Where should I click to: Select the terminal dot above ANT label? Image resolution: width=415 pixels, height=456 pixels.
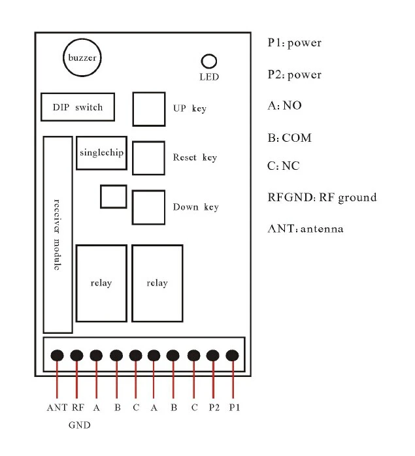pos(57,355)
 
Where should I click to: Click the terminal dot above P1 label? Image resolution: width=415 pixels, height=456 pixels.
pos(232,355)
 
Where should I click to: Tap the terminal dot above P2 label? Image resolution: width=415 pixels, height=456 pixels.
pos(213,355)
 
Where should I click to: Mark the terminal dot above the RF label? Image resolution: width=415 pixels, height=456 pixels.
pos(76,355)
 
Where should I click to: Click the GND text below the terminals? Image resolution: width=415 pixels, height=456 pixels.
pos(80,425)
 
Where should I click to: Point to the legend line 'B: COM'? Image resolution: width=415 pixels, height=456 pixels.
pos(290,138)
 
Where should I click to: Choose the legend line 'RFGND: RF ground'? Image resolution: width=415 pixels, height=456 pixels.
pos(322,197)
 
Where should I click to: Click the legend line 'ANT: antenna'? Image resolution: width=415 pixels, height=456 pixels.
pos(306,229)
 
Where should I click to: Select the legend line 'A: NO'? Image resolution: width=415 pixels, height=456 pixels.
pos(285,105)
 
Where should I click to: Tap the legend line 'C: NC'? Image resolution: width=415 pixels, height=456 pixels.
pos(284,166)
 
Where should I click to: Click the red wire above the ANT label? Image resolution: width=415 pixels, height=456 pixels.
pos(57,380)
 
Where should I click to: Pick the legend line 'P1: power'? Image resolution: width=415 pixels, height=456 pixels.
pos(295,42)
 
